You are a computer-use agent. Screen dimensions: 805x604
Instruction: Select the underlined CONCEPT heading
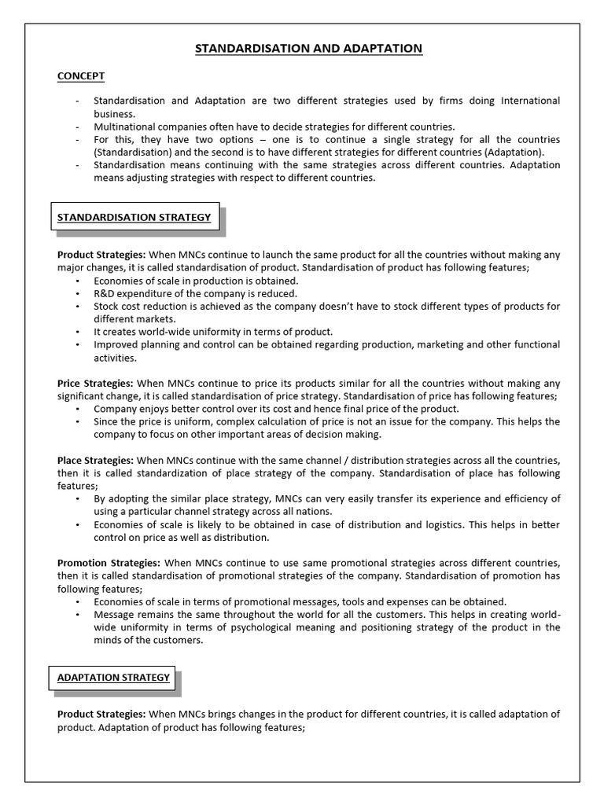[81, 76]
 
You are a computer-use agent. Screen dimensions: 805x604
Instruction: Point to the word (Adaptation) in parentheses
[514, 152]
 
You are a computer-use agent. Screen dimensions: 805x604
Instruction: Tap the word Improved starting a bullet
[115, 344]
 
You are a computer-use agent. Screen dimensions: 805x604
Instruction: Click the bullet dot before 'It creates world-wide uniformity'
[77, 332]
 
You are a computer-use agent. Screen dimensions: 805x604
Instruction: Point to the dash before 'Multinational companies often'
[77, 127]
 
